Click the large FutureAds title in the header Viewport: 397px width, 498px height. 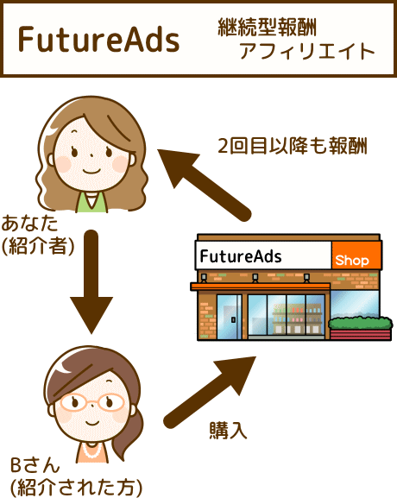98,40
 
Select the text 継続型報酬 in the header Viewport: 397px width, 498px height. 267,28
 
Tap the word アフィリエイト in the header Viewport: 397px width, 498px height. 307,51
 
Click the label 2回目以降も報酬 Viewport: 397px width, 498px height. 293,146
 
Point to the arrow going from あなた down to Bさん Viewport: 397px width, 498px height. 91,281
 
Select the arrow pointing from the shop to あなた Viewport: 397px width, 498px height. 205,186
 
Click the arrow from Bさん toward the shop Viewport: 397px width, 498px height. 210,392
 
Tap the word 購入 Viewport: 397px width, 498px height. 228,431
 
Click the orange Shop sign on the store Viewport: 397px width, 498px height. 356,255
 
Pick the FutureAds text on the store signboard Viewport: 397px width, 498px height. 241,256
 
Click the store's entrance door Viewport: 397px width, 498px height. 229,317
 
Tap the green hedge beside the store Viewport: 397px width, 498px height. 361,323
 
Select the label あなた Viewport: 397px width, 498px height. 30,224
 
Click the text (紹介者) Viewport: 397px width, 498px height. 38,246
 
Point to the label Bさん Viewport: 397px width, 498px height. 35,465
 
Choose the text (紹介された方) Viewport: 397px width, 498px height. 76,487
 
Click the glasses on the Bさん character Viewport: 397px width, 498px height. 92,402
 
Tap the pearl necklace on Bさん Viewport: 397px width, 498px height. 91,450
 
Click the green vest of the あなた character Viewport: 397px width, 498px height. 91,203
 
